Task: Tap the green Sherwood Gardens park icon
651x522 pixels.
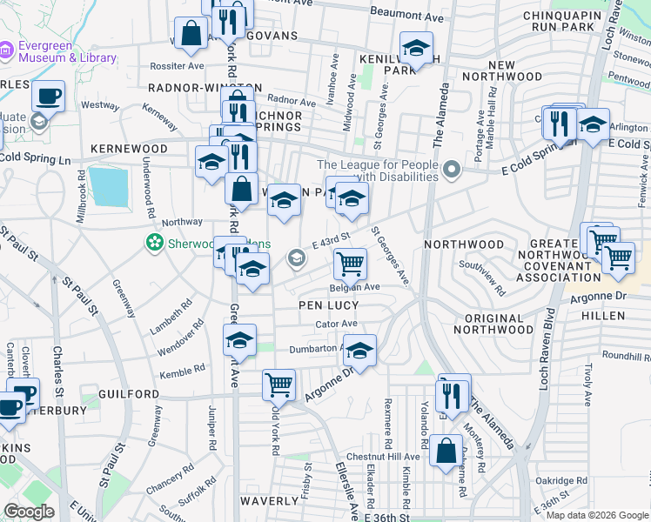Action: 155,242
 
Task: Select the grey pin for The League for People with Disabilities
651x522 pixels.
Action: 451,170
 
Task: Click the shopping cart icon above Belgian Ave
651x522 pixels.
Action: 350,263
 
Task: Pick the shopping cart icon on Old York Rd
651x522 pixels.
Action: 279,383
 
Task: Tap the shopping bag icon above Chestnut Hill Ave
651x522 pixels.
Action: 446,451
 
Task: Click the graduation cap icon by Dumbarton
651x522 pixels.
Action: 359,350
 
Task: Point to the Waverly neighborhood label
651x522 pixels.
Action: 271,501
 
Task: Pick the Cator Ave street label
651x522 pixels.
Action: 336,324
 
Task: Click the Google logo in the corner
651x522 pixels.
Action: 29,512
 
